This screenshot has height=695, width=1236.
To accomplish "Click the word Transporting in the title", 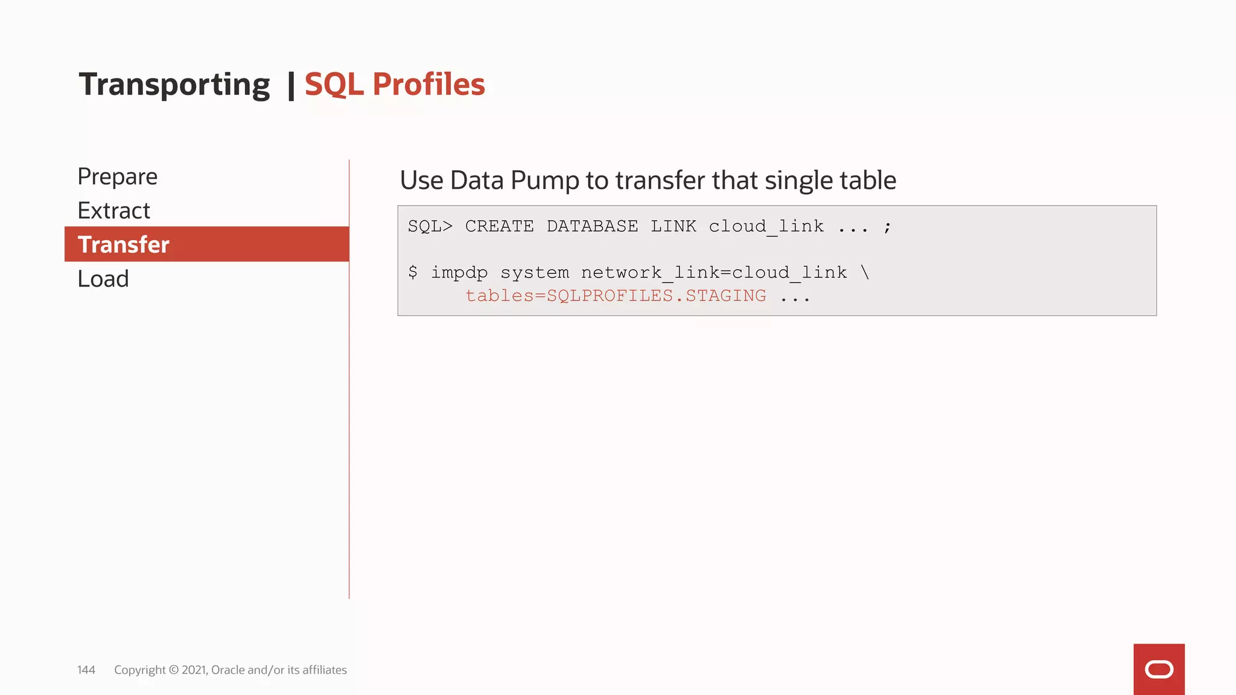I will (174, 84).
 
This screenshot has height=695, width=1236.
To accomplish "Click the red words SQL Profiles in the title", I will (395, 84).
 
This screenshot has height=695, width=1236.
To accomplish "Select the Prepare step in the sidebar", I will (118, 177).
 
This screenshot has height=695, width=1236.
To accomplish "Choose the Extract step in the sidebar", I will (114, 211).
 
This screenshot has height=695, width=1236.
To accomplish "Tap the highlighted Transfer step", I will (124, 244).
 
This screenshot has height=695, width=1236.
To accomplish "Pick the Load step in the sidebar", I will (103, 279).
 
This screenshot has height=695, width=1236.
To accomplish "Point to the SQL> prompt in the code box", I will (430, 226).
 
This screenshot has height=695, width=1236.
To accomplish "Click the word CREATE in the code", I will (499, 226).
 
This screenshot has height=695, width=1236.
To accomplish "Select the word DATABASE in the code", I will (592, 226).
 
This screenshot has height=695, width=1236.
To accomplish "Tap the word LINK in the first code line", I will (673, 226).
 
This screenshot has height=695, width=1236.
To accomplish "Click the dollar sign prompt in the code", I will (413, 272).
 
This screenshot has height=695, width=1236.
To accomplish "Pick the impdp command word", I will (459, 273).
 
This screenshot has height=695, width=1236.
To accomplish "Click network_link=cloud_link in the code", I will (714, 273).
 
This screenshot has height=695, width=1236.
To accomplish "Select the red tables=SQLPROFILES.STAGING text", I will (616, 296).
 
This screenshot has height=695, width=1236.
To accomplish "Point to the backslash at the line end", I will (865, 272).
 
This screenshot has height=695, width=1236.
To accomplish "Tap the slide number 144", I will (86, 670).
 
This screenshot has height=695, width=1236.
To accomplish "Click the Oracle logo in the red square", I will (1159, 669).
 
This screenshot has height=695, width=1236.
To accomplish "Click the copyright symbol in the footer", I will (174, 670).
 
